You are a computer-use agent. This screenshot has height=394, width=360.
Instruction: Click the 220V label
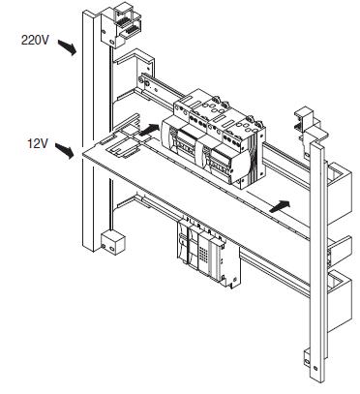(x=35, y=40)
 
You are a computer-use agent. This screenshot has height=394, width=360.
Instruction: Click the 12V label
(x=38, y=143)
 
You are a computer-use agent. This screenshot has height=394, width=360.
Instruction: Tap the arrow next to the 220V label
(x=67, y=47)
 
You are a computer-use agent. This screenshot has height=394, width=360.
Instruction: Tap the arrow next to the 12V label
(x=65, y=151)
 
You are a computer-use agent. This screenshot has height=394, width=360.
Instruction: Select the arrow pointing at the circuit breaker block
(x=149, y=130)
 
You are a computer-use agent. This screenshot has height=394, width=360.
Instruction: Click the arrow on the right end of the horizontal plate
(x=280, y=206)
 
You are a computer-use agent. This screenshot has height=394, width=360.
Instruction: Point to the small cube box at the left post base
(x=112, y=242)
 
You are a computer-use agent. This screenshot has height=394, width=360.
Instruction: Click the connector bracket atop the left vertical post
(x=122, y=25)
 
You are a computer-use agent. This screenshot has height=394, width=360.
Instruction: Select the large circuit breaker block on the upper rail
(x=214, y=138)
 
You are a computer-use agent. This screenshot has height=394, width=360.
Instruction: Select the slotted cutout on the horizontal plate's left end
(x=123, y=144)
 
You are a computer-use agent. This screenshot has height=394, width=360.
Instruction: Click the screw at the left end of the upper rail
(x=147, y=83)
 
